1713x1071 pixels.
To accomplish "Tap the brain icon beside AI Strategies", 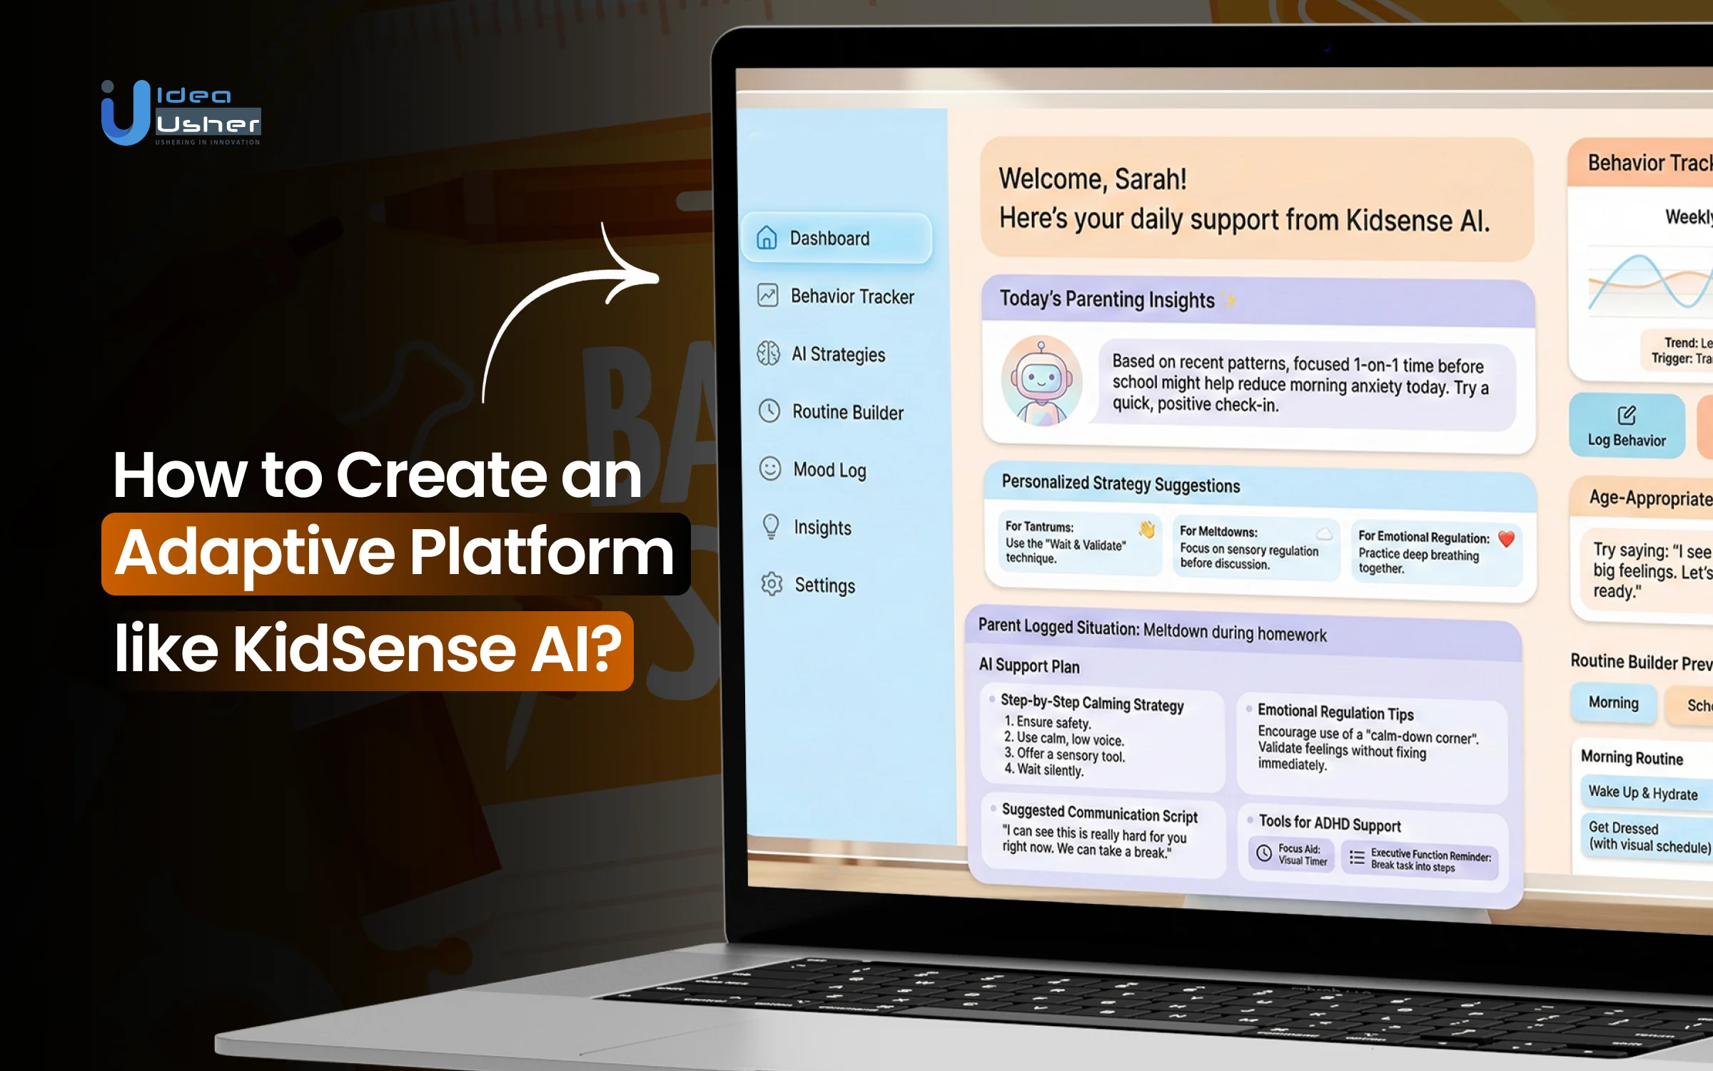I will pos(769,353).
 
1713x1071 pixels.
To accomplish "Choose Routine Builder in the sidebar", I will pos(847,412).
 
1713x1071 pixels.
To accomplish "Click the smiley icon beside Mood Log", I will pos(770,469).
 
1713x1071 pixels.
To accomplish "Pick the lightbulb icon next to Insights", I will pos(771,527).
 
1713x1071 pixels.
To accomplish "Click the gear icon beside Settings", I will pos(772,584).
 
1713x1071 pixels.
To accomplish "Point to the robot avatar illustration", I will pos(1041,381).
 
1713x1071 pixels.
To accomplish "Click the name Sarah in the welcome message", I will pos(1150,179).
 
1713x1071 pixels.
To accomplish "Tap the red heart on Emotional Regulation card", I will pos(1506,539).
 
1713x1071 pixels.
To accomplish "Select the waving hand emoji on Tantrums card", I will pos(1146,529).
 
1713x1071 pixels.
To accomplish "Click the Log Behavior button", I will pos(1626,426).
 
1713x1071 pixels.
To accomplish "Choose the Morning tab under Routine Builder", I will pos(1613,703).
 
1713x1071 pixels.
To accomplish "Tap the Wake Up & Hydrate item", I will pos(1642,793).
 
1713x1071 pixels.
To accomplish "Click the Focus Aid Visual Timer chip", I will pos(1291,854).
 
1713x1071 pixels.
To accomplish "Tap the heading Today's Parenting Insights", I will pos(1106,299).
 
